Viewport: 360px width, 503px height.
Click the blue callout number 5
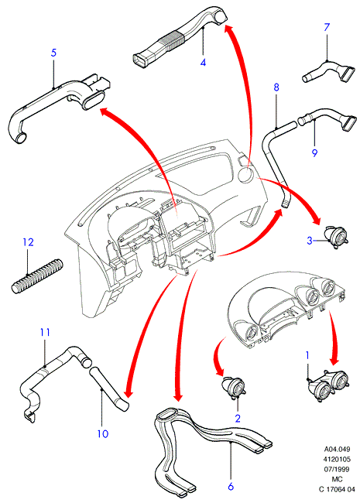pos(53,53)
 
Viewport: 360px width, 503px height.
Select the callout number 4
pos(203,62)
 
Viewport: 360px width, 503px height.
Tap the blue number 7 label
pos(327,27)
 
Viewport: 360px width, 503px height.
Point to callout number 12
pos(28,242)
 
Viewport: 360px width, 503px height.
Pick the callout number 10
pos(103,434)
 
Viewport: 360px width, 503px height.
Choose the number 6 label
pos(231,486)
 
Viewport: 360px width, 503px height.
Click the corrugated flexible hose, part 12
pos(37,275)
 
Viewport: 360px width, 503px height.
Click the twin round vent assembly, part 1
pos(328,384)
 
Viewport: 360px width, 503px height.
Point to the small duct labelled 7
pos(328,73)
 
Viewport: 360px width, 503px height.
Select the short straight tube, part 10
pos(108,388)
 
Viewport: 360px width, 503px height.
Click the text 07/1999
pos(337,469)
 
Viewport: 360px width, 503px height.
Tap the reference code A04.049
pos(337,449)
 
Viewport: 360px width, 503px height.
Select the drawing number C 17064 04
pos(337,489)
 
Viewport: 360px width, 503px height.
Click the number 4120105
pos(337,459)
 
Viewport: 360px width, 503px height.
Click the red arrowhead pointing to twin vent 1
pos(334,358)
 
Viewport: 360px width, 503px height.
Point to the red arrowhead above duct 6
pos(177,395)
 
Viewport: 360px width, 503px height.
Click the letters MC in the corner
pos(338,479)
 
